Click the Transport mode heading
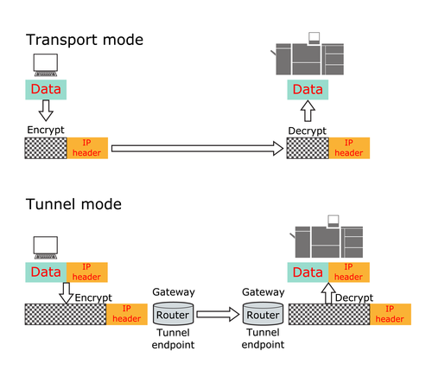pos(85,40)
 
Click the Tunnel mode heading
pos(73,204)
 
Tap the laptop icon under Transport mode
pos(46,65)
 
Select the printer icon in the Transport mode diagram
pos(308,54)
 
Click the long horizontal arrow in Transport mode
pos(197,149)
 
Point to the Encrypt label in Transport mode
pos(46,130)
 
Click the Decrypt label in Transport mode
pos(308,131)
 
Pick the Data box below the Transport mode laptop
pos(46,90)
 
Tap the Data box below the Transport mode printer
pos(308,90)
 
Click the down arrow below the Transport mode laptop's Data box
pos(46,111)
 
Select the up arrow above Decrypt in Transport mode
pos(308,111)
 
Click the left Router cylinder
pos(173,314)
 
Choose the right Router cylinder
pos(263,314)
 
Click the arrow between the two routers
pos(218,314)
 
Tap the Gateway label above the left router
pos(174,292)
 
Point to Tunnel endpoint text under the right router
pos(263,338)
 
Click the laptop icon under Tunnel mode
pos(46,247)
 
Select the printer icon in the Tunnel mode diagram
pos(327,236)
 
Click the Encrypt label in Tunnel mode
pos(93,297)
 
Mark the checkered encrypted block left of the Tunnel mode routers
pos(66,314)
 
